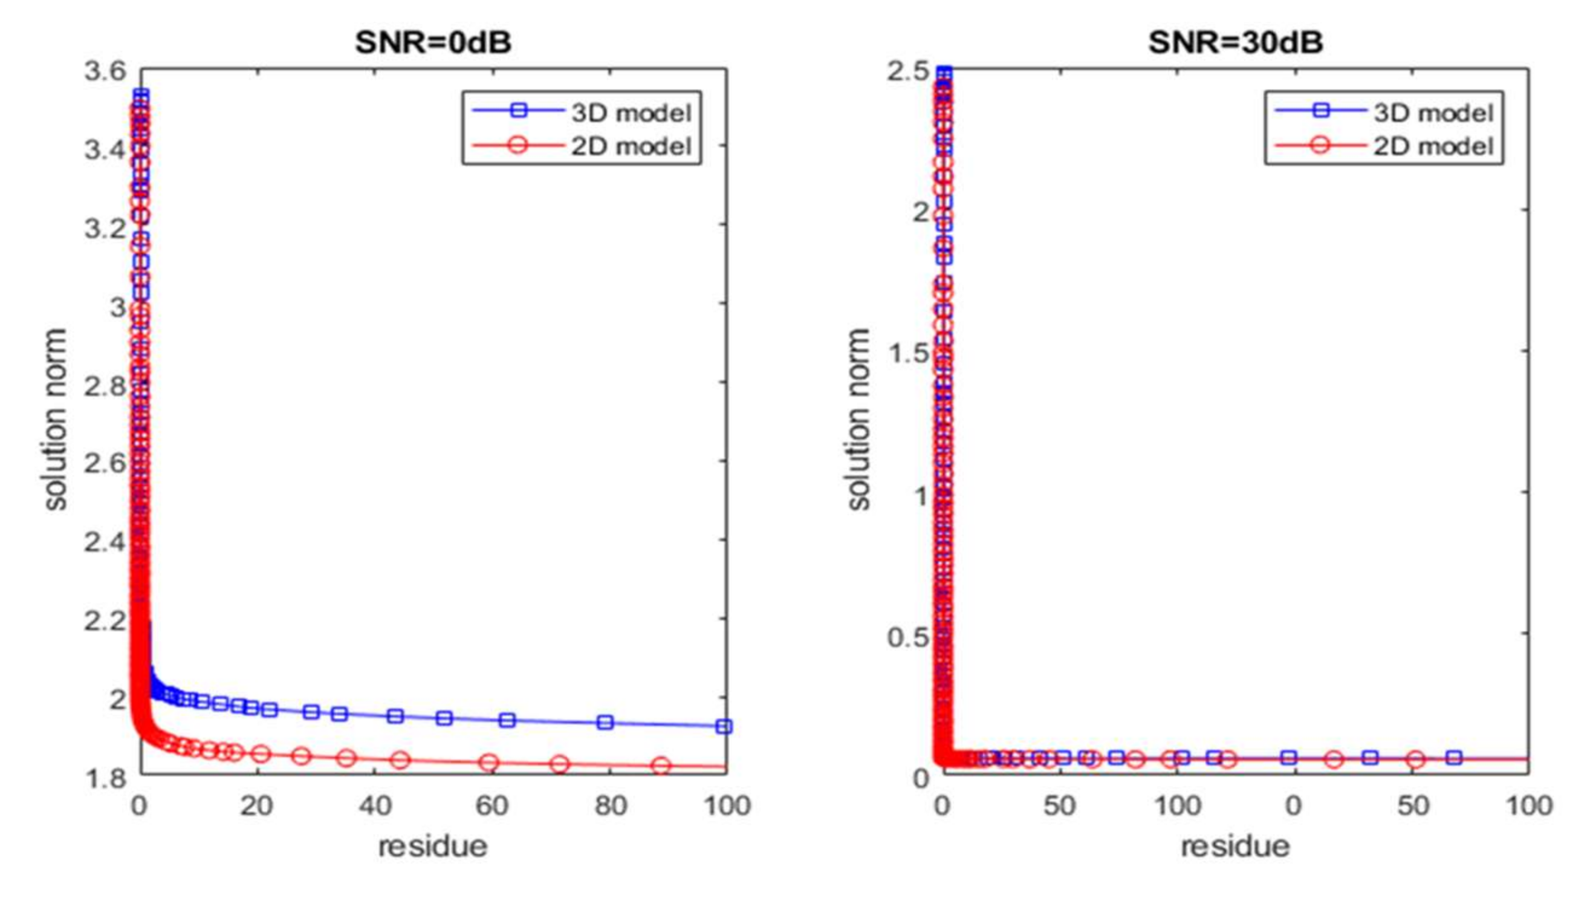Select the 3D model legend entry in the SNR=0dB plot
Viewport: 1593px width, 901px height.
(630, 112)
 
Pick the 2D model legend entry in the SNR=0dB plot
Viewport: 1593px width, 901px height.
(630, 147)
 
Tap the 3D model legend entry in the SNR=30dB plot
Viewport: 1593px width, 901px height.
(1433, 112)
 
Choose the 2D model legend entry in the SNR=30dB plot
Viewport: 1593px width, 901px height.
(1433, 147)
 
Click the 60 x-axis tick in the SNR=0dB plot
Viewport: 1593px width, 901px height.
(492, 805)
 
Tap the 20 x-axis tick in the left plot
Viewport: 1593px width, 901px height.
(256, 805)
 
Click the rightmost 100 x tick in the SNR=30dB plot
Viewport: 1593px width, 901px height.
(1528, 805)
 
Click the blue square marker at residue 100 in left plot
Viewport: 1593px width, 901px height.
(723, 726)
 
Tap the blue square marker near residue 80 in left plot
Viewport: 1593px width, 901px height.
(605, 722)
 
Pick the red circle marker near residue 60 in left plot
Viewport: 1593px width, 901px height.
(489, 763)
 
